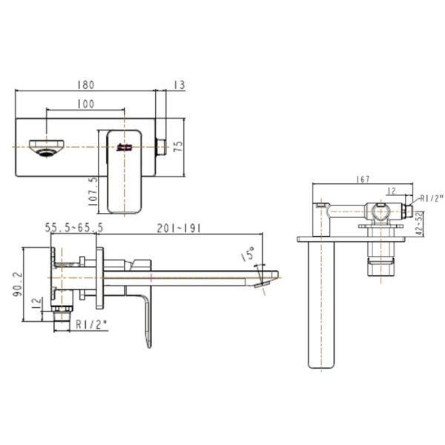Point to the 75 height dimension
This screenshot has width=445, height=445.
coord(177,146)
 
